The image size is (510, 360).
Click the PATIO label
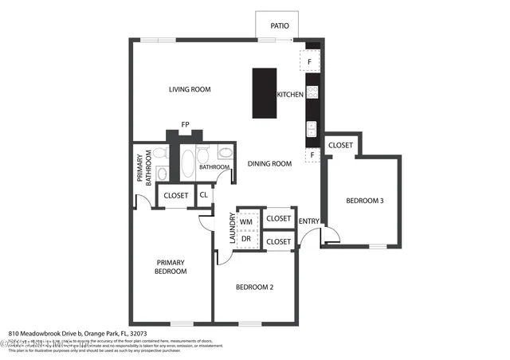pos(280,25)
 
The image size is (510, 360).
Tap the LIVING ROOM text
pos(190,89)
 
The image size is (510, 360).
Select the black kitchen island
pos(264,93)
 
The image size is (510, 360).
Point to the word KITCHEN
pos(290,95)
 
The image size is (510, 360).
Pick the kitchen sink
pos(312,127)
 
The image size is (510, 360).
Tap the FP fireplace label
pos(185,124)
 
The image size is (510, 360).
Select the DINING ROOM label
pos(269,163)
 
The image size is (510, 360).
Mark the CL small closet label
pos(204,194)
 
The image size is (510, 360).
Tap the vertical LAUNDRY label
pos(233,229)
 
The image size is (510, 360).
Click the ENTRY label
pos(308,221)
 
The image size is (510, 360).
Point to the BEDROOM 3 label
pos(365,201)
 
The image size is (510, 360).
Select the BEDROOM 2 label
pos(255,287)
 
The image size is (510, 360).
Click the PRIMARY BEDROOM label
pos(171,267)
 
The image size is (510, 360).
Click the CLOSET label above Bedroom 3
pos(340,145)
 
